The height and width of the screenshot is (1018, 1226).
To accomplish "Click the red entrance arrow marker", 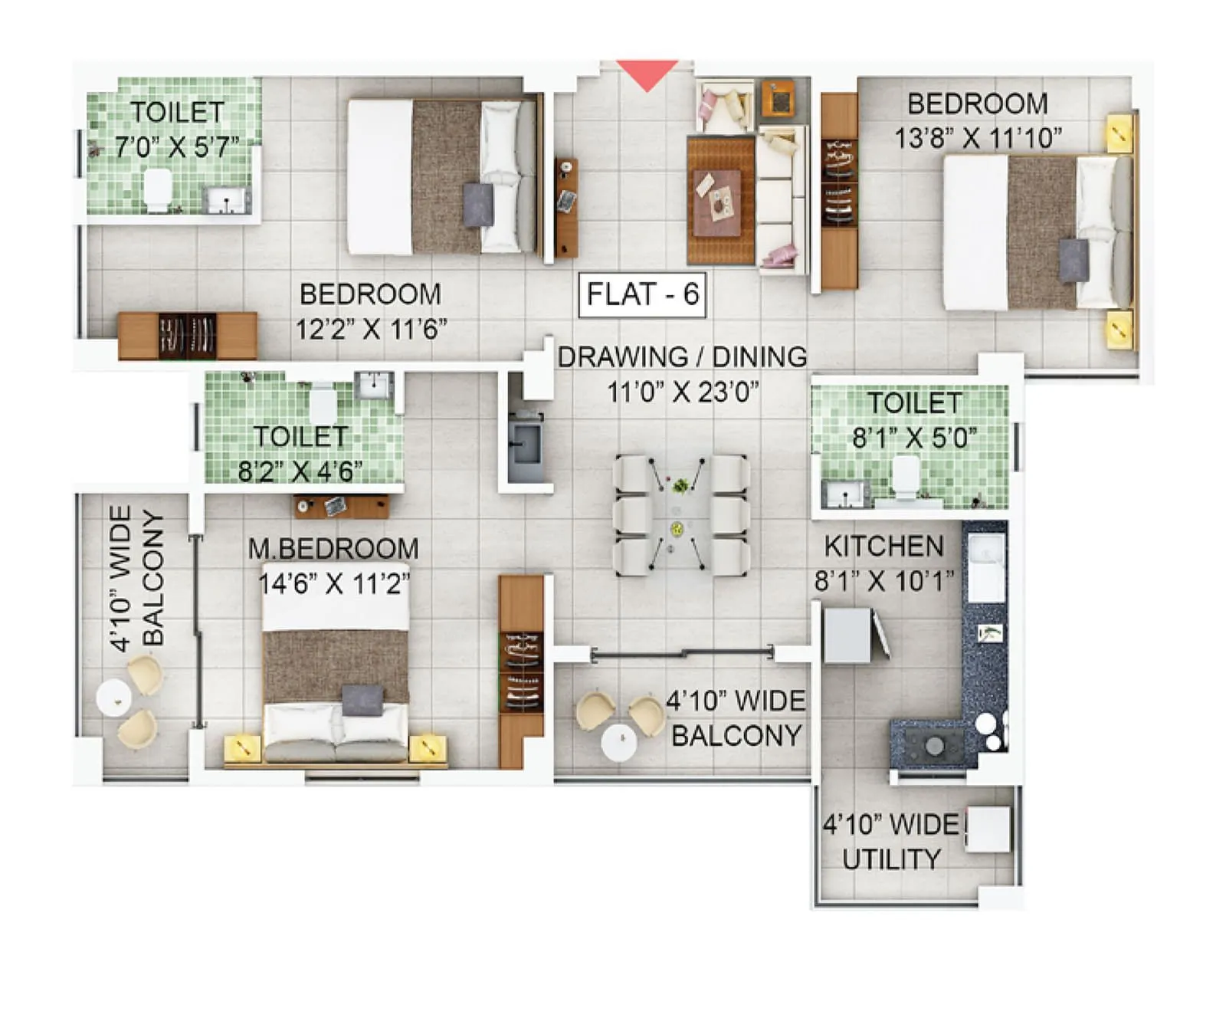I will coord(647,74).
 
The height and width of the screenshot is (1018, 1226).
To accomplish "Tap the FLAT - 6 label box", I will coord(642,294).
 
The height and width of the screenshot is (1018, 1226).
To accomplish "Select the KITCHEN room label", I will coord(883,547).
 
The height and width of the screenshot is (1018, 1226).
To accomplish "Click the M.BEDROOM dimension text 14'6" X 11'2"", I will coord(334,584).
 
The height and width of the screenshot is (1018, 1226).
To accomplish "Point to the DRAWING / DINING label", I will coord(682,357).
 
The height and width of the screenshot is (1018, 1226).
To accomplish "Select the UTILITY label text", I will coord(891,859).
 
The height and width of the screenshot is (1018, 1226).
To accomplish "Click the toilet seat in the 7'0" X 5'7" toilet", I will coord(159,189).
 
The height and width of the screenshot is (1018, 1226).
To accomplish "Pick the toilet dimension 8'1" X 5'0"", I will coord(914,438).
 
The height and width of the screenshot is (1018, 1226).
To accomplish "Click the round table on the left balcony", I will coord(113,698).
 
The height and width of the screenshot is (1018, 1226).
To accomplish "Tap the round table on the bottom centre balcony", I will coord(620,742).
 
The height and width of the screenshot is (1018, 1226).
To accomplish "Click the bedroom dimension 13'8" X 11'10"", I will coord(978,139).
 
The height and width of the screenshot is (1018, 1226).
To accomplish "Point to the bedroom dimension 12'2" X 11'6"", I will coord(371,330).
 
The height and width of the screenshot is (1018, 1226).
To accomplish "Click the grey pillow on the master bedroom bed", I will coord(362,700).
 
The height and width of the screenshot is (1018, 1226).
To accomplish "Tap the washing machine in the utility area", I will coord(988,829).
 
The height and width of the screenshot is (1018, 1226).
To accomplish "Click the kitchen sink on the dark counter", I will coord(986,569).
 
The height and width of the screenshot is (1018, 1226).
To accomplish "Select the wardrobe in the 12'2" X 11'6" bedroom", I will coord(188,336).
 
